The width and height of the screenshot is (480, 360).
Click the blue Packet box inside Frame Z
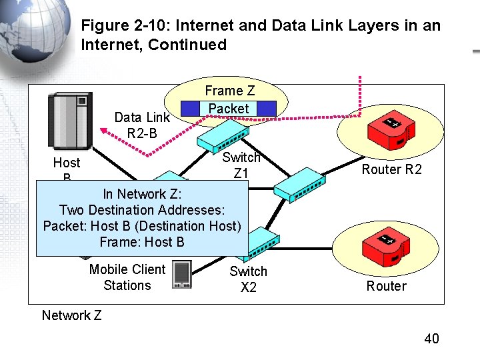pos(228,108)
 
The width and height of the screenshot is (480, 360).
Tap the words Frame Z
pos(229,91)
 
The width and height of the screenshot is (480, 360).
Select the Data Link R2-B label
pos(142,125)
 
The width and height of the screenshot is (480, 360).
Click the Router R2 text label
pos(391,169)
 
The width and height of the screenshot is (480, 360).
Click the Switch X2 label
pos(248,279)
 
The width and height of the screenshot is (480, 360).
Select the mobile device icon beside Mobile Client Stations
pos(181,274)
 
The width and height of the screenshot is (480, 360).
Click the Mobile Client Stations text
pos(127,277)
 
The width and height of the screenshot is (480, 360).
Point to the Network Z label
pos(71,315)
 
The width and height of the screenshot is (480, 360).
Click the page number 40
pos(431,339)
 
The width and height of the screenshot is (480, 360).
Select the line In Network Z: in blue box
pos(142,194)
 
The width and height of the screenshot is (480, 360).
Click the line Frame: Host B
pos(142,242)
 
